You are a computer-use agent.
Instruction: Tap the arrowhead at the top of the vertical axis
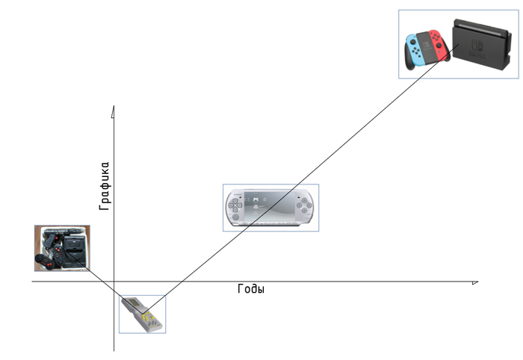coord(113,112)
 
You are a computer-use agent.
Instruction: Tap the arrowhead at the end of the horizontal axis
coord(474,282)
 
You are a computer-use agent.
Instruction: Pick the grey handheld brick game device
coord(142,314)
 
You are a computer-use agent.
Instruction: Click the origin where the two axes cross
coord(114,282)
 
